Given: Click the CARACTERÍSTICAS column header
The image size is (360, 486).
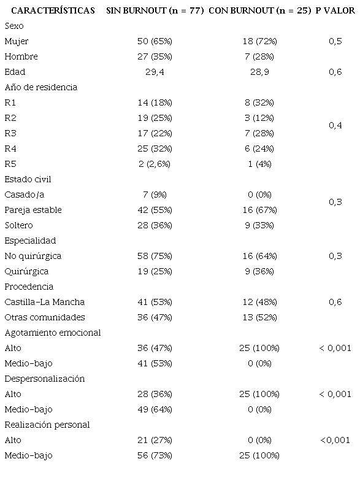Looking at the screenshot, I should click(53, 11).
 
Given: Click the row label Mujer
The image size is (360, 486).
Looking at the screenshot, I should click(17, 42).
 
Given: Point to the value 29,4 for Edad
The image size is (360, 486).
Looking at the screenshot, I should click(153, 72).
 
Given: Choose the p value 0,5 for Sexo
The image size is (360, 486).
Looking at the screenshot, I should click(335, 42).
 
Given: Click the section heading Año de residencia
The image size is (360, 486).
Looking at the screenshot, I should click(40, 88).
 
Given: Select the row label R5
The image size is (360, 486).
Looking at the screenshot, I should click(10, 164).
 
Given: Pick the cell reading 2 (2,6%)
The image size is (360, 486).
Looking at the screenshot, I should click(153, 164).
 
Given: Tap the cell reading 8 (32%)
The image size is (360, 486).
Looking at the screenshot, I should click(259, 103).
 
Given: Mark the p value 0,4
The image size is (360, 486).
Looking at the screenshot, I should click(335, 126).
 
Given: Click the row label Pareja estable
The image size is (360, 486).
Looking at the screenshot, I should click(33, 210).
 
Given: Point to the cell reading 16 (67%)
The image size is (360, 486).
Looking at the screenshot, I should click(259, 210).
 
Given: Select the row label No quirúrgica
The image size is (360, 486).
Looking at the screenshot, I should click(33, 256).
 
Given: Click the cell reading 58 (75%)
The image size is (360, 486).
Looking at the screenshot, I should click(153, 256).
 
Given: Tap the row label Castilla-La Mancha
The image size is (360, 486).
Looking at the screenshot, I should click(45, 303).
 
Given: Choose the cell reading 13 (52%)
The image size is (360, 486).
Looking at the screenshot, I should click(259, 318).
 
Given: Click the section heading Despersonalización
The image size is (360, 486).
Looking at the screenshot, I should click(44, 379).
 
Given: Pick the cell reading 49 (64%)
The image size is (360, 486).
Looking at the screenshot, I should click(153, 410).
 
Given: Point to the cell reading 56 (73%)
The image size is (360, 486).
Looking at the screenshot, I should click(153, 456).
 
